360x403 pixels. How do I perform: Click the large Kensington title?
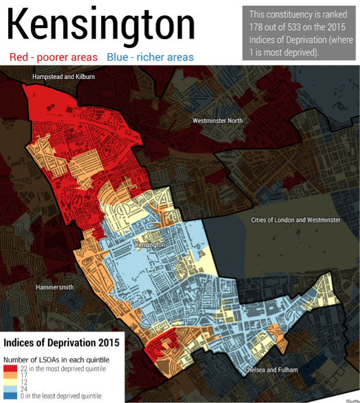(101, 26)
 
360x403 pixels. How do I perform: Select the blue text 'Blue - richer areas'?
(150, 57)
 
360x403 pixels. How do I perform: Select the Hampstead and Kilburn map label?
(64, 77)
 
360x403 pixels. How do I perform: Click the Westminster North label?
(217, 120)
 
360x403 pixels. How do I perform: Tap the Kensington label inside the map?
(150, 244)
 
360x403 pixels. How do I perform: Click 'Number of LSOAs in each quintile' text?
(56, 359)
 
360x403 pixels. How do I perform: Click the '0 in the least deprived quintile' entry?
(55, 396)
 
